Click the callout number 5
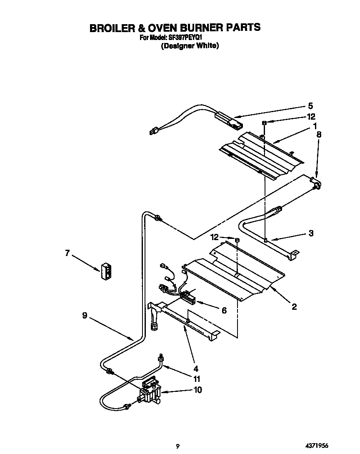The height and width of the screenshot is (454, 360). point(310,106)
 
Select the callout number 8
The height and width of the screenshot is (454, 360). point(319,134)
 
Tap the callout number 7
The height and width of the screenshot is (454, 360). point(67,253)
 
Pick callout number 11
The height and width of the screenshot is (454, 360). point(197,379)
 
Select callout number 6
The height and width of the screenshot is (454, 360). point(224,310)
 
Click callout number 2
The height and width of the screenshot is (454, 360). point(294,307)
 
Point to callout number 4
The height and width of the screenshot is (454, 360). point(195,369)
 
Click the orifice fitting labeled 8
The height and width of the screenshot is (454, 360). point(315,183)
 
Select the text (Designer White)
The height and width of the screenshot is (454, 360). point(190,46)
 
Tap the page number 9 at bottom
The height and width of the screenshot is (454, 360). point(177,446)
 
